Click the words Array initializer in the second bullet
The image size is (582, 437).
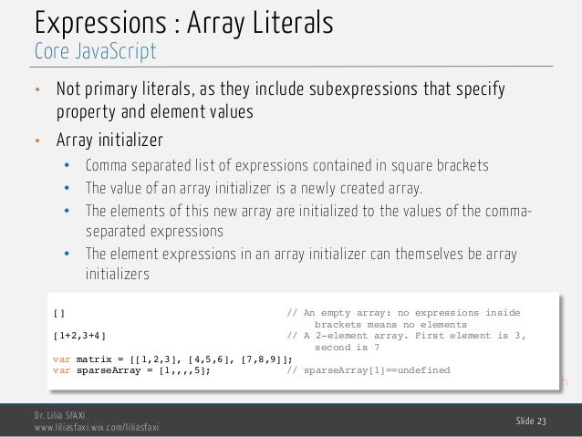[x=109, y=141]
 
